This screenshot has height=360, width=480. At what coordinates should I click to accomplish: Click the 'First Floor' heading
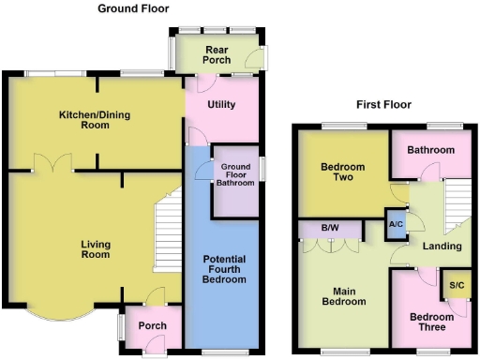(384, 105)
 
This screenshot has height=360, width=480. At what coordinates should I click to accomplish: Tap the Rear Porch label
(216, 54)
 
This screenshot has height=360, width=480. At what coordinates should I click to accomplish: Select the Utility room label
(220, 105)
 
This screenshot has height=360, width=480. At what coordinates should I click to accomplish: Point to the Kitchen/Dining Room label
(95, 120)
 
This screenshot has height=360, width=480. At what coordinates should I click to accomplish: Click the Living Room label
(95, 248)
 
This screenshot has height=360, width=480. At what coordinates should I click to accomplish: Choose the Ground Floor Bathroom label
(236, 175)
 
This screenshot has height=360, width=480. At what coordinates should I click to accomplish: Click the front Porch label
(152, 326)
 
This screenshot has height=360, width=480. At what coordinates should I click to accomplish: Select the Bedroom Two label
(342, 173)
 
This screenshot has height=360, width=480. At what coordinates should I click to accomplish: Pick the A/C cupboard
(396, 225)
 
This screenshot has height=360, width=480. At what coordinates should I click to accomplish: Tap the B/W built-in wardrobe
(329, 228)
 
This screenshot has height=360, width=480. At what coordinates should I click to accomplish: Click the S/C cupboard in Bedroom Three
(457, 285)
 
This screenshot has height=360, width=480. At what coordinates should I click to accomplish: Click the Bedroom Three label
(432, 322)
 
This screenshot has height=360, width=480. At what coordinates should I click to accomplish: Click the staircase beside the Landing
(456, 198)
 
